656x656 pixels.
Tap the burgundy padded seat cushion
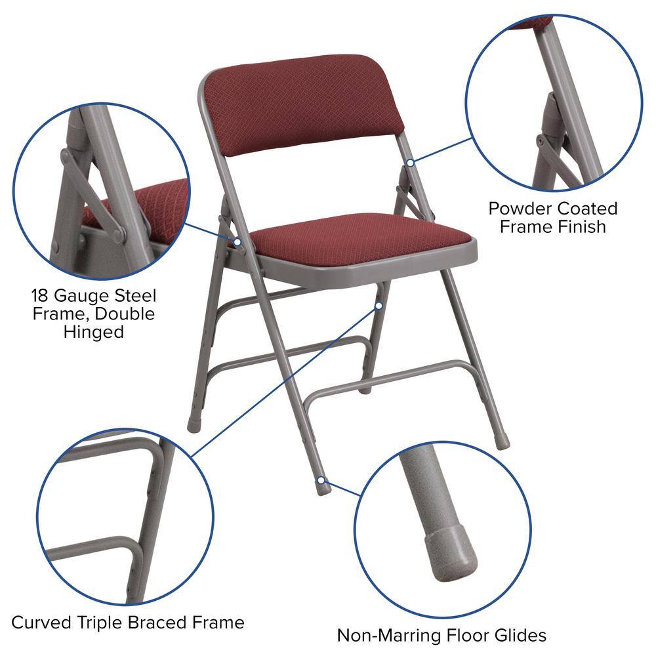coord(361,239)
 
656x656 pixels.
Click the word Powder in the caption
coord(518,209)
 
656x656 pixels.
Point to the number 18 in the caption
coord(41,296)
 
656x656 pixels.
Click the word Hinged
coord(94,332)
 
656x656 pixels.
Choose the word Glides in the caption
coord(519,635)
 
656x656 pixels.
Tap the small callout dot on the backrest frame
coord(410,162)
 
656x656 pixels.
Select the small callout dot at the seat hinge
coord(238,242)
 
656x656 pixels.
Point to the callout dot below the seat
coord(379,305)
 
